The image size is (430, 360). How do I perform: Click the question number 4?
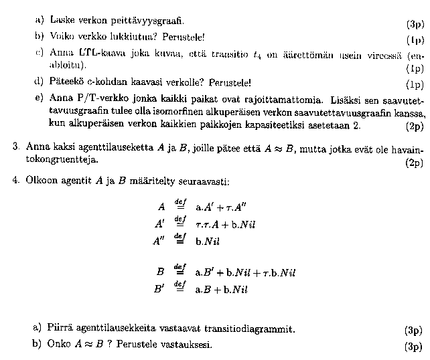click(x=15, y=181)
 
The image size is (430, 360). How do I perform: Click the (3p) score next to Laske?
click(x=415, y=24)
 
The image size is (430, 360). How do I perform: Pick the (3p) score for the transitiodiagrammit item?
click(x=414, y=330)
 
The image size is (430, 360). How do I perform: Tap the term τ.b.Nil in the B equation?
click(x=278, y=273)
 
